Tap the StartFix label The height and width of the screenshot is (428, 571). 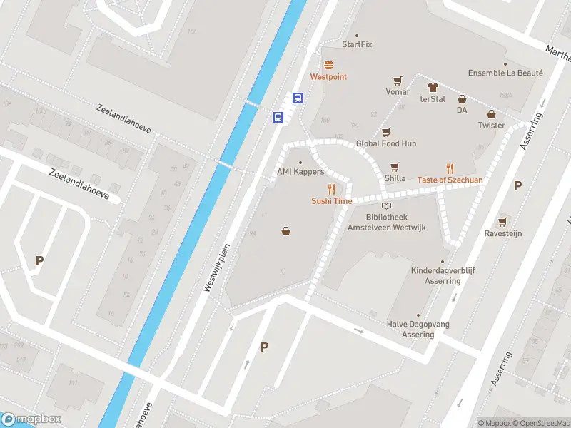357,44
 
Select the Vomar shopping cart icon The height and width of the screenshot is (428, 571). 398,81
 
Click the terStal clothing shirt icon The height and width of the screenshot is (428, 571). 433,87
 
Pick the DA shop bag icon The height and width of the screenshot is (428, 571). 462,99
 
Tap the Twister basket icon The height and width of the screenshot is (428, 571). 491,113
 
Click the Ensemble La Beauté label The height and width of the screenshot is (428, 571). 505,73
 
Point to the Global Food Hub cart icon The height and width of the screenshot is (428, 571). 386,132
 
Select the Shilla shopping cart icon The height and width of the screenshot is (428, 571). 395,167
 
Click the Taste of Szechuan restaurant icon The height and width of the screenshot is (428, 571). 450,168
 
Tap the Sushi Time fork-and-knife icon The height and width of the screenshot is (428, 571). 331,189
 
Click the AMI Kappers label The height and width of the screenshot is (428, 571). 300,172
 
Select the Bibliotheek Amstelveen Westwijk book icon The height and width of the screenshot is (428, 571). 386,206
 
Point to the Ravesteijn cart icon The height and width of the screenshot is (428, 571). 503,221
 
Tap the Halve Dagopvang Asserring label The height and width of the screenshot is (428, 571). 418,329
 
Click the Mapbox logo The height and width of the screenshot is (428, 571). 31,419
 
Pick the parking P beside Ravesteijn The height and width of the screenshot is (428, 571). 517,186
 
